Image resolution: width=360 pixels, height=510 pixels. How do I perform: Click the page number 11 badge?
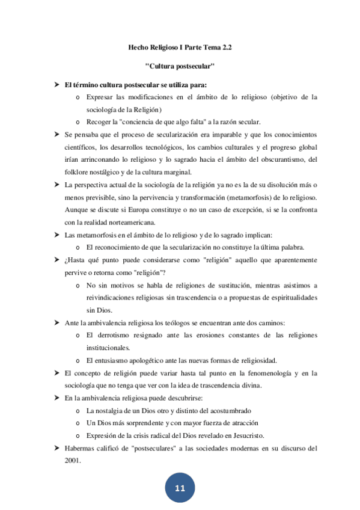(180, 488)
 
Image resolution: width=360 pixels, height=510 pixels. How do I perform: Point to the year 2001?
(72, 460)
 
